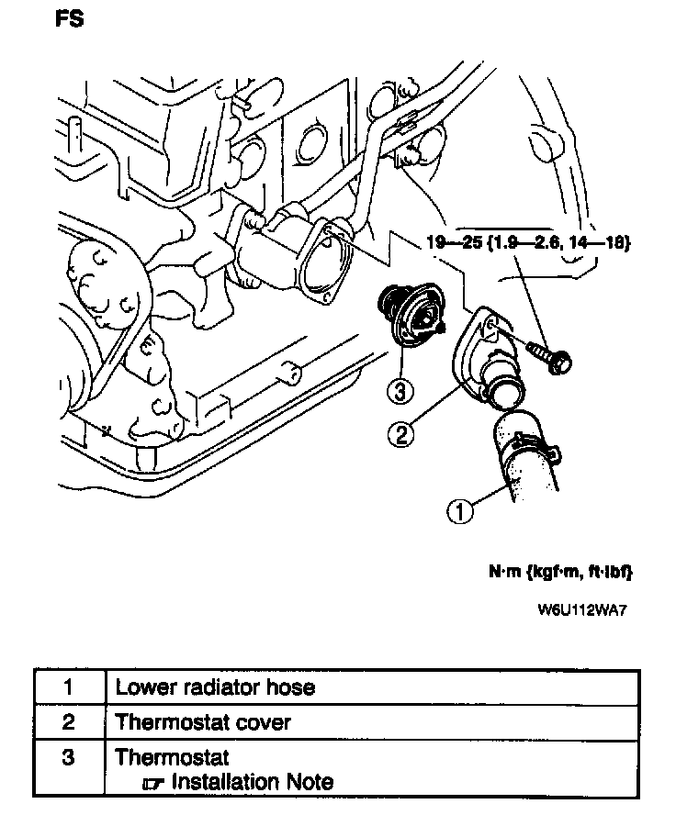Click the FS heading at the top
coord(69,18)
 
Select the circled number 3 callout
coord(398,391)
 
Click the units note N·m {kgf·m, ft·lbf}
coord(560,573)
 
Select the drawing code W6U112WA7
coord(588,609)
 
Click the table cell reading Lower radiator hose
coord(215,687)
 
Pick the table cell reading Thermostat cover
coord(203,722)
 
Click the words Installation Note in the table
coord(252,782)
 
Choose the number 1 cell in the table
coord(69,687)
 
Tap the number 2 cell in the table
coord(69,722)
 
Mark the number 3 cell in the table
coord(69,759)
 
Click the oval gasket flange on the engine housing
coord(329,260)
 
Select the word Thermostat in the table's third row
coord(172,758)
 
